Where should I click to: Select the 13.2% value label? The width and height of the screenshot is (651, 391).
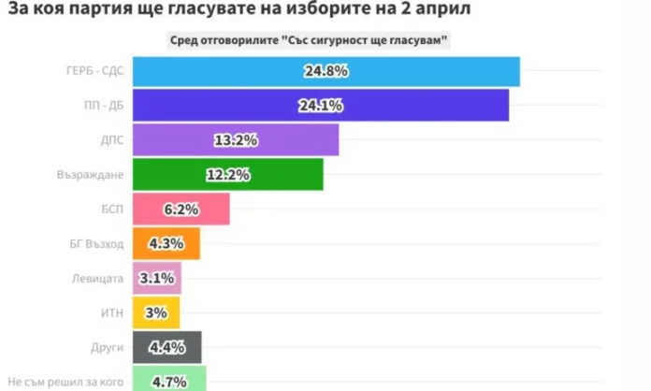coord(236,140)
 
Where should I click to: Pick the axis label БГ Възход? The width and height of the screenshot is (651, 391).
coord(97,244)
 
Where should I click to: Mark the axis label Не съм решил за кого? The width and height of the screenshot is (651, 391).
coord(65,382)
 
